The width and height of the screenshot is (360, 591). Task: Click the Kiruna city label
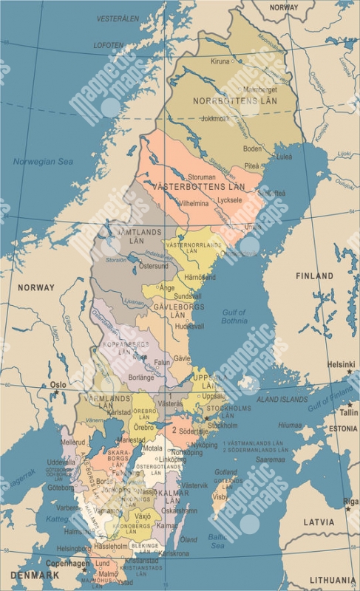point(220,61)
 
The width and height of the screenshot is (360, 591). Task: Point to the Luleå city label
point(285,157)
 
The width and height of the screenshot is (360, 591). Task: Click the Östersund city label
point(154,265)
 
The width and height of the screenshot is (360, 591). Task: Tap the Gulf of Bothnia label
point(234,317)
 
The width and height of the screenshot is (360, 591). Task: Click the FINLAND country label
point(315,276)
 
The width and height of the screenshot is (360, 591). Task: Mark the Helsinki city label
point(342,364)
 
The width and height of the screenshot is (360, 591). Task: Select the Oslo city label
point(58,385)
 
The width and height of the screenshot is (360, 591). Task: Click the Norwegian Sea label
point(43,161)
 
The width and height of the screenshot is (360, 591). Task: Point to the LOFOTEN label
point(109,45)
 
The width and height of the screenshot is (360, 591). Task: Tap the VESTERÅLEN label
point(118,18)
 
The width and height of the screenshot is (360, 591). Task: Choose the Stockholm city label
point(223,425)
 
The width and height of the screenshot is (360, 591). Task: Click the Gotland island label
point(225,471)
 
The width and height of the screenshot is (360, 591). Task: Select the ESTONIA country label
point(343,428)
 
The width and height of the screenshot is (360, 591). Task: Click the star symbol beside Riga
point(348,509)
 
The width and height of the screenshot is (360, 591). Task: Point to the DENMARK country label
point(35,575)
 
